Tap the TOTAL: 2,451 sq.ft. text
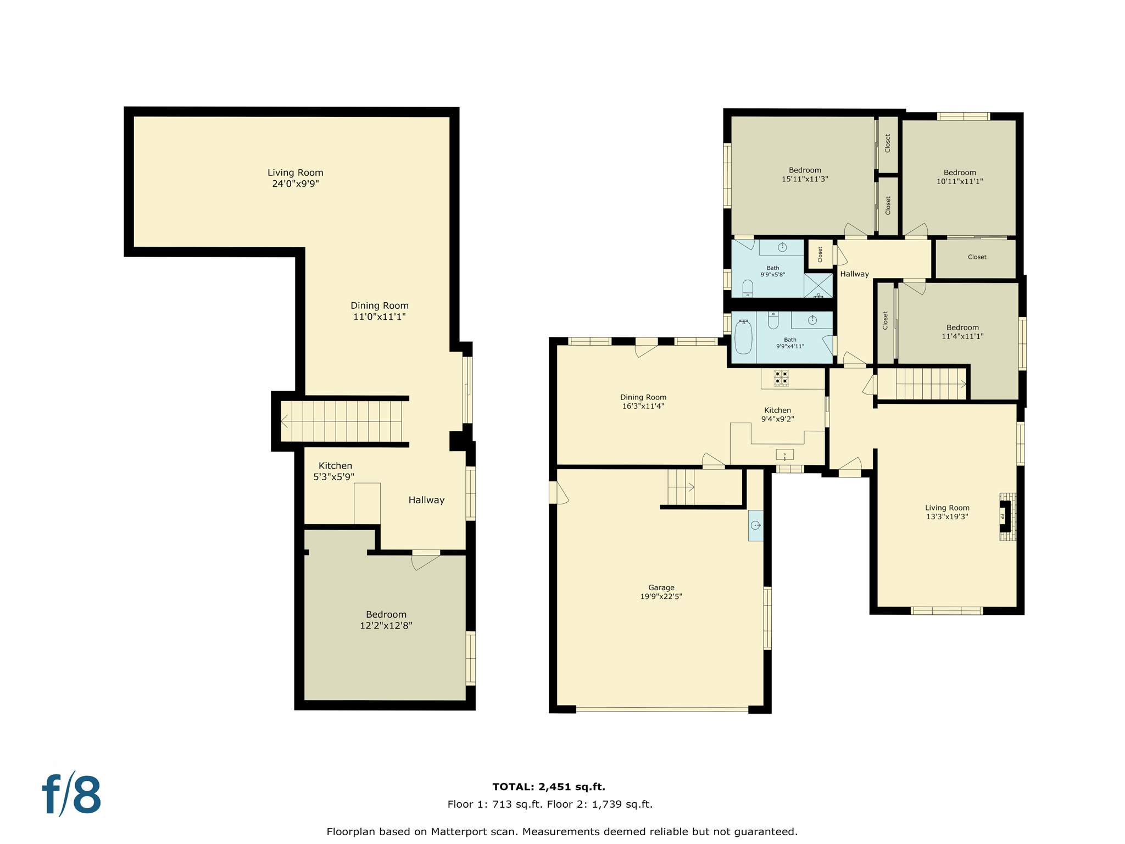click(x=548, y=786)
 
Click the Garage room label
click(x=661, y=592)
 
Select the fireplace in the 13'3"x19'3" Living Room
click(x=1005, y=516)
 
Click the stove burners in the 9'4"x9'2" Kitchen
click(x=781, y=377)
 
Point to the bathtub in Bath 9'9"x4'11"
click(x=743, y=336)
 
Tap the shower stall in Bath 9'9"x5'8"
click(x=818, y=285)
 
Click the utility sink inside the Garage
click(x=755, y=525)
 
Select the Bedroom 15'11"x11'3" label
click(x=805, y=174)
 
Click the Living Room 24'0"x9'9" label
click(x=295, y=178)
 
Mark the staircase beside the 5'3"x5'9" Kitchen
click(x=343, y=421)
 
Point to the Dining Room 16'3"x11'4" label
click(x=643, y=401)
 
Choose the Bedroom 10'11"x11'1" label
click(x=959, y=176)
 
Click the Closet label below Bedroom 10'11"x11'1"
click(x=977, y=257)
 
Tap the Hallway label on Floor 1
click(x=426, y=499)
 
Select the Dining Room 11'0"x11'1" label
click(x=379, y=310)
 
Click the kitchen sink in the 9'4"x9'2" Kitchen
click(x=784, y=454)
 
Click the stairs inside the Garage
click(x=681, y=487)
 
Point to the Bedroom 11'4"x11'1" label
click(x=962, y=331)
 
